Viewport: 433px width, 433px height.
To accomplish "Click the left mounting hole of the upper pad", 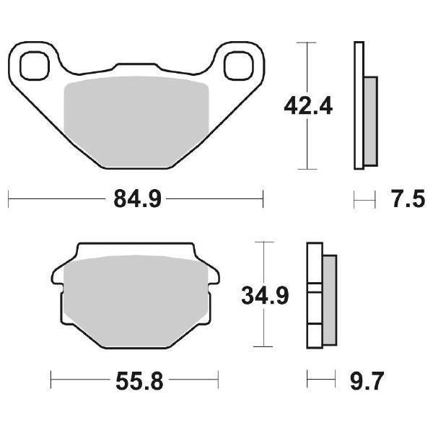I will point(31,66).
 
